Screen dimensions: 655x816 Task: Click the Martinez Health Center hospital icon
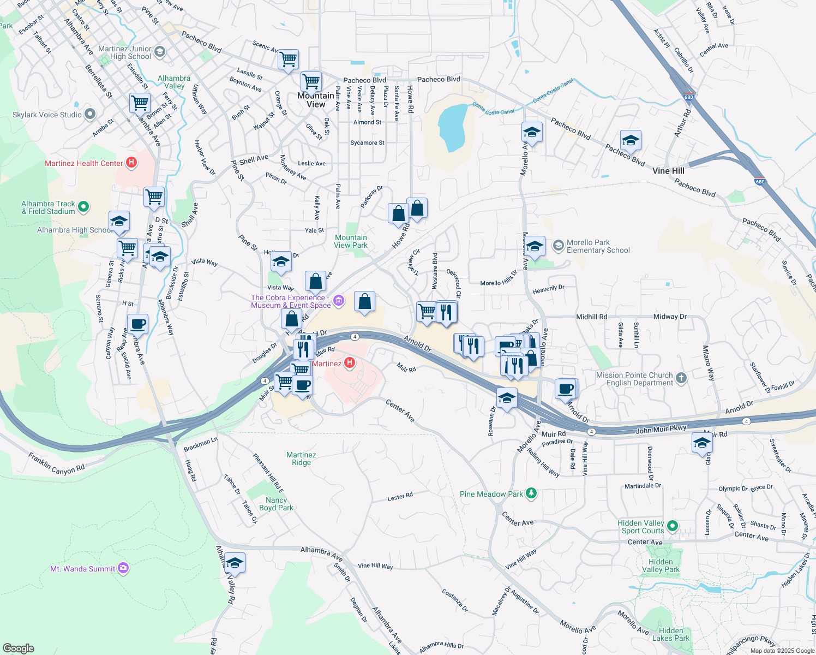point(131,163)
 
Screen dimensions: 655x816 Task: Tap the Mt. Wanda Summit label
point(82,569)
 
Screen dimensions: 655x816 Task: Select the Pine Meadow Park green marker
point(531,494)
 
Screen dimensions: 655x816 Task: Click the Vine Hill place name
point(668,171)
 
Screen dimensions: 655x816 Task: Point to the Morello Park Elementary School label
point(598,247)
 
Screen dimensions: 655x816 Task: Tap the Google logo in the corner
point(18,648)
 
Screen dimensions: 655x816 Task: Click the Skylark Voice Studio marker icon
point(91,115)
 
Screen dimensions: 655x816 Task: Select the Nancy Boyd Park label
point(276,504)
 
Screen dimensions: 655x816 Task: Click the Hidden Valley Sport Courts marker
point(673,526)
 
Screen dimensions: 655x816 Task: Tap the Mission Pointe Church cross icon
point(681,378)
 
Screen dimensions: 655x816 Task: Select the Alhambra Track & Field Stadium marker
point(83,206)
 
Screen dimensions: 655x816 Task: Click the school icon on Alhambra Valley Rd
point(235,563)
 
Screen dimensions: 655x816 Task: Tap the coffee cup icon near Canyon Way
point(138,324)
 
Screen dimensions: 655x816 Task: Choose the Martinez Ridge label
point(301,458)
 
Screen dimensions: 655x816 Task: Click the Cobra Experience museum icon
point(339,301)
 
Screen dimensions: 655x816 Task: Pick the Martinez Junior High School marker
point(160,52)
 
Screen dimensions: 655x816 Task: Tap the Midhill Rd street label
point(591,317)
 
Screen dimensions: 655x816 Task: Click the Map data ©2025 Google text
point(782,650)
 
